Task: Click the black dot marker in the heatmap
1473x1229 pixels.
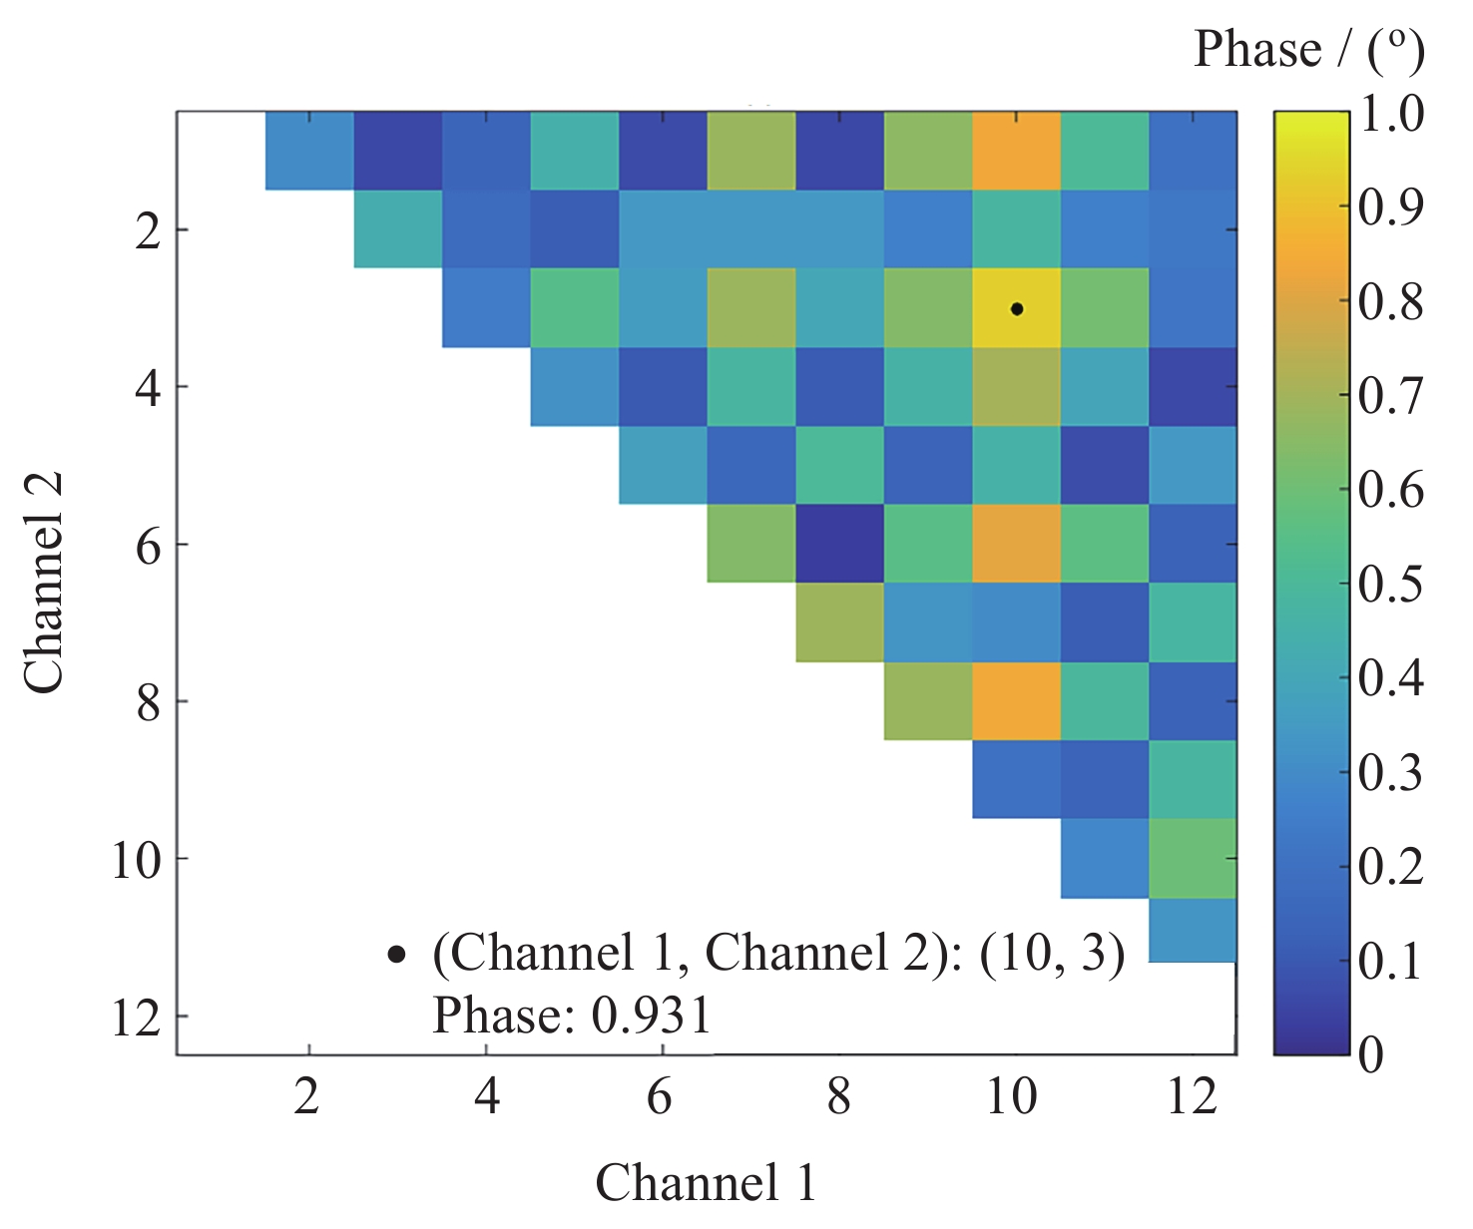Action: click(x=1016, y=309)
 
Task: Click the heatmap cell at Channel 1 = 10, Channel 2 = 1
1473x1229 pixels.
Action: click(x=1016, y=151)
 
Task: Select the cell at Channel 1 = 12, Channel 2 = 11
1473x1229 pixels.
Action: click(x=1193, y=930)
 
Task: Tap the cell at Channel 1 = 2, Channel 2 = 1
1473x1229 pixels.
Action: click(x=309, y=151)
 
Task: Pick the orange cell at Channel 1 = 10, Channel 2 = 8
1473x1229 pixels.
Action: click(x=1016, y=701)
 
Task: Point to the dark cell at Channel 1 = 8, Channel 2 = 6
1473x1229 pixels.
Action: click(x=839, y=544)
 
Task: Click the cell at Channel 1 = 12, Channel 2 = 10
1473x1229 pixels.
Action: click(x=1193, y=858)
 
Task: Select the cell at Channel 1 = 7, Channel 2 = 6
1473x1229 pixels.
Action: click(x=751, y=544)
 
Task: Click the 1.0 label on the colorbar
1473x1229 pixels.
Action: click(x=1392, y=113)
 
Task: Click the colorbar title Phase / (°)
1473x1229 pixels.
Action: click(x=1308, y=50)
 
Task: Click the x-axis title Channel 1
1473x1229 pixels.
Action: click(x=706, y=1184)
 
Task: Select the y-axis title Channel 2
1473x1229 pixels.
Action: click(x=45, y=584)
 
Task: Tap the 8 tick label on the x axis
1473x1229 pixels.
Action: click(x=839, y=1097)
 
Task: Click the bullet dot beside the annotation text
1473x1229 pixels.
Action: click(x=396, y=955)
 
